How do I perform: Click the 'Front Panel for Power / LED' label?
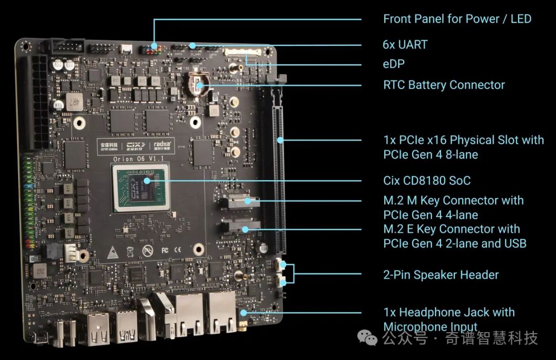tap(457, 19)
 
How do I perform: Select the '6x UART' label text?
tap(405, 44)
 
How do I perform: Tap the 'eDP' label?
tap(394, 64)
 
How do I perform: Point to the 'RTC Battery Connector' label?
tap(444, 85)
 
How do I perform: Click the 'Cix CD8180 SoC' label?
tap(427, 181)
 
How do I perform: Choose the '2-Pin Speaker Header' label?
tap(441, 275)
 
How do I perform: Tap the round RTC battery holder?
tap(198, 85)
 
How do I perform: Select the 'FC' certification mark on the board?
tap(164, 249)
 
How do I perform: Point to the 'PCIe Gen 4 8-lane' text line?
tap(430, 155)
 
